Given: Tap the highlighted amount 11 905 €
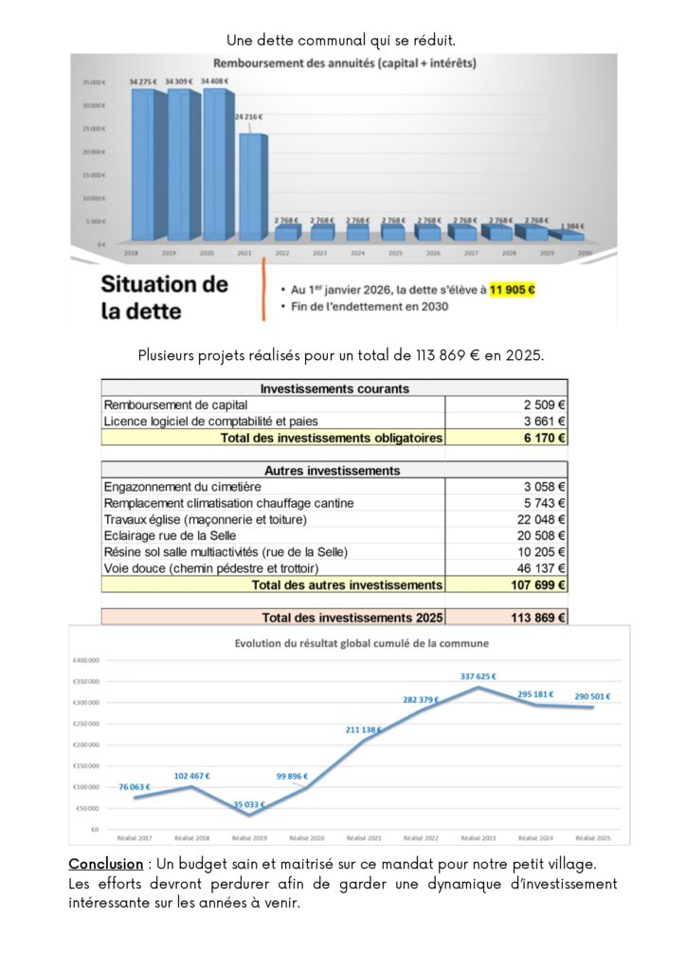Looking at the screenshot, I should (513, 291).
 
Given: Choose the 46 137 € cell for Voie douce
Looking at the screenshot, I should (544, 568).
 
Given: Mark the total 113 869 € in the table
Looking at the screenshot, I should (538, 618).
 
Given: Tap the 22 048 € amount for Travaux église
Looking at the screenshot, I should (544, 519).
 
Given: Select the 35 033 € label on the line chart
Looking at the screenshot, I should (250, 804).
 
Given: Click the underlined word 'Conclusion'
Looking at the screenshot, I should (103, 865).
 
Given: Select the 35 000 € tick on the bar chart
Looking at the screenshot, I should (93, 82).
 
